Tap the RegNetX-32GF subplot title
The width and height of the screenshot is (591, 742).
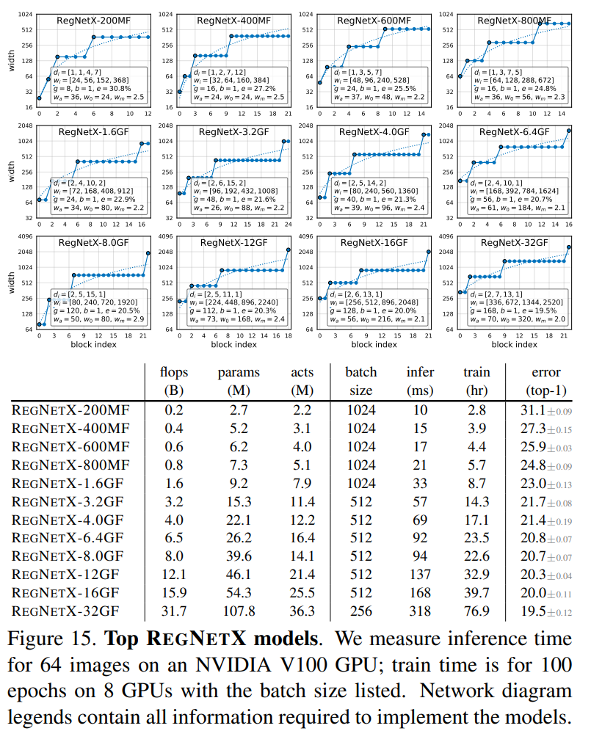[x=514, y=242]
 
